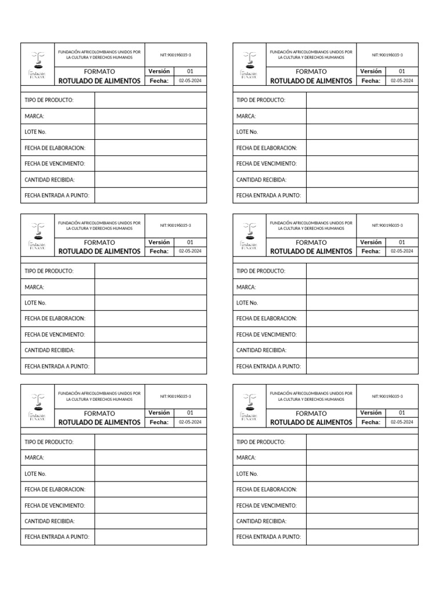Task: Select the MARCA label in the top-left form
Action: pos(34,116)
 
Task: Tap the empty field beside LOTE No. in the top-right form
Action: pos(362,132)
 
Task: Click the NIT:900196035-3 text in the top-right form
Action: pos(387,55)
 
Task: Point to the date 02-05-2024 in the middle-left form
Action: pos(190,251)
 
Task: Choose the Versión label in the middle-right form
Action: pos(371,242)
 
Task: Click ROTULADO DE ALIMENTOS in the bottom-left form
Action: pos(99,422)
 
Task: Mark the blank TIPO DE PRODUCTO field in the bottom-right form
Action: pos(362,442)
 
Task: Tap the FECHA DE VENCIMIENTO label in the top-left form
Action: pos(55,164)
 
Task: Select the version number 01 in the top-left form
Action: pos(190,71)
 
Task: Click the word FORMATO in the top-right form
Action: pos(311,71)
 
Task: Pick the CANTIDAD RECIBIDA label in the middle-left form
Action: pos(49,350)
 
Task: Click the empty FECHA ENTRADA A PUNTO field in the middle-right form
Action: pos(362,366)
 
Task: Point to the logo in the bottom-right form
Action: pos(250,406)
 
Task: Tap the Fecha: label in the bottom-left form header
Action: pos(159,422)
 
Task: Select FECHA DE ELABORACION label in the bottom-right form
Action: pos(267,490)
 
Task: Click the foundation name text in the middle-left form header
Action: pos(99,225)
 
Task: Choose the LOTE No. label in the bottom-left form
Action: pos(35,474)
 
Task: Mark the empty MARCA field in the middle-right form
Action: pos(362,287)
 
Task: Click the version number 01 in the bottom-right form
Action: pos(402,412)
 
